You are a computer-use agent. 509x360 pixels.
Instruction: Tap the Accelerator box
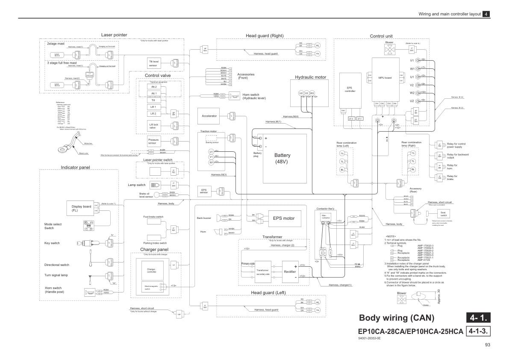pyautogui.click(x=209, y=116)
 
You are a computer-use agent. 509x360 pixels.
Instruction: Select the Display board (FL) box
pyautogui.click(x=81, y=208)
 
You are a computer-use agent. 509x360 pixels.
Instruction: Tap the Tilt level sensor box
pyautogui.click(x=154, y=63)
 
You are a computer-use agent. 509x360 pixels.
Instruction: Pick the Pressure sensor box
pyautogui.click(x=153, y=142)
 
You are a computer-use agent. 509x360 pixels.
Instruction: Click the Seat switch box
pyautogui.click(x=444, y=214)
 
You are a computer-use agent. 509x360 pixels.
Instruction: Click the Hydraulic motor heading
pyautogui.click(x=310, y=77)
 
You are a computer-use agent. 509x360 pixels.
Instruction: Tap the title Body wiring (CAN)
pyautogui.click(x=396, y=318)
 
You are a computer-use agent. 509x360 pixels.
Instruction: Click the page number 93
pyautogui.click(x=488, y=345)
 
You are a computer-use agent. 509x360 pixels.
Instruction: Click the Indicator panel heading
pyautogui.click(x=75, y=167)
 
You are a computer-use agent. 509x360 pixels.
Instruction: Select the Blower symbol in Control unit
pyautogui.click(x=389, y=49)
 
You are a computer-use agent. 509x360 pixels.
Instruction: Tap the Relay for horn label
pyautogui.click(x=452, y=167)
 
